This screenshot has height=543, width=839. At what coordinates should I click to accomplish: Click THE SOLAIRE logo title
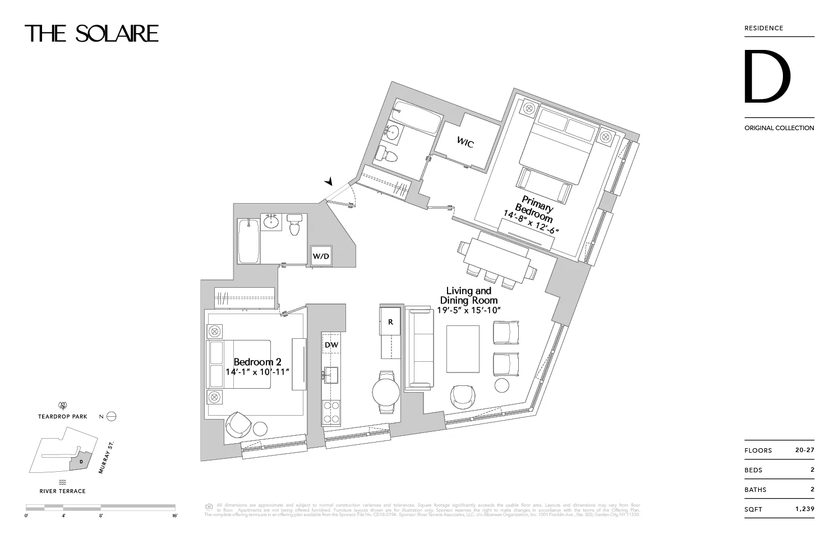[x=91, y=34]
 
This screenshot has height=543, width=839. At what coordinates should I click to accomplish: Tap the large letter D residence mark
[x=767, y=77]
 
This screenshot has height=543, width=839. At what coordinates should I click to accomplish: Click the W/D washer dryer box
[x=321, y=256]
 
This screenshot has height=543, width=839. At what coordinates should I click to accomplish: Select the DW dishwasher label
[x=331, y=345]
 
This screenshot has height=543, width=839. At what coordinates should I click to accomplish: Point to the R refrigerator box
[x=390, y=322]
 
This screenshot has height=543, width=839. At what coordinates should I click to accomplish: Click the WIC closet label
[x=465, y=143]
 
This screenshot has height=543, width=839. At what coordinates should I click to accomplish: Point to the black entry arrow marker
[x=329, y=181]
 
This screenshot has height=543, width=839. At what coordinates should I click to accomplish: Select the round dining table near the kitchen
[x=386, y=392]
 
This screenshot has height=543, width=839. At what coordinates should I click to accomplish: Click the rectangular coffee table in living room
[x=463, y=348]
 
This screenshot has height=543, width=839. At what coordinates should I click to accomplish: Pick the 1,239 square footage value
[x=804, y=509]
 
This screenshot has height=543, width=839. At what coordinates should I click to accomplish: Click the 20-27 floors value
[x=804, y=450]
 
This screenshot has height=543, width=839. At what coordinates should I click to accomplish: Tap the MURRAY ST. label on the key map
[x=106, y=457]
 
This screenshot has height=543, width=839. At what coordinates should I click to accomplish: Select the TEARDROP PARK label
[x=63, y=417]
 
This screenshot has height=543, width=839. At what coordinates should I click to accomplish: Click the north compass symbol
[x=111, y=416]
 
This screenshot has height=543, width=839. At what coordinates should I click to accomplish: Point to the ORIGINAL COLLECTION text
[x=779, y=128]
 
